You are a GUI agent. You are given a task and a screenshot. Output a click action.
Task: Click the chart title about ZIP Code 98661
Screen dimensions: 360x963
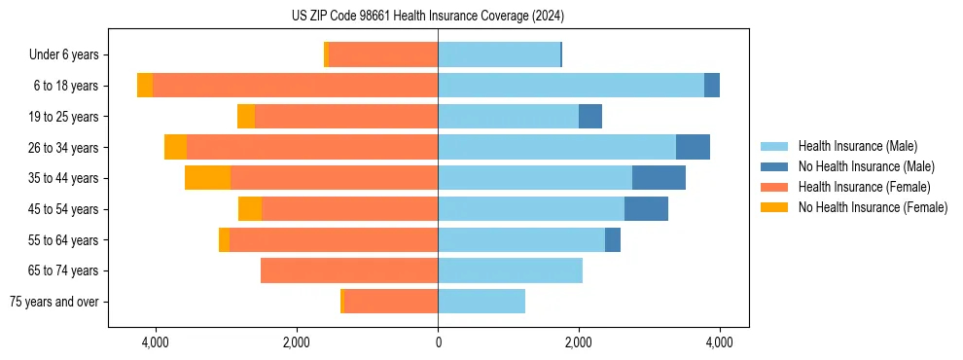(x=427, y=17)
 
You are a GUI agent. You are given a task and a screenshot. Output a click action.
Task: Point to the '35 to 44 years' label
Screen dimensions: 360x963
(x=65, y=178)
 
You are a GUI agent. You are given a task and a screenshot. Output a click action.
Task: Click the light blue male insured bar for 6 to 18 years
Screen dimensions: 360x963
(x=571, y=86)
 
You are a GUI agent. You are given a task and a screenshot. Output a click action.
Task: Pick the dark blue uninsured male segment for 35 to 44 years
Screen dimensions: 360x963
(x=659, y=178)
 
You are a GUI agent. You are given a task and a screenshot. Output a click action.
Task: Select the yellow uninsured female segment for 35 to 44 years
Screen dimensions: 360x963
(x=207, y=178)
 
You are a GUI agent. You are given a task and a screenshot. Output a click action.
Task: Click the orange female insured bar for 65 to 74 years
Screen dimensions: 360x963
(x=349, y=270)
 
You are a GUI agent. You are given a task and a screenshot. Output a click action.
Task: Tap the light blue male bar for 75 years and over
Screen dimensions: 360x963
(x=481, y=302)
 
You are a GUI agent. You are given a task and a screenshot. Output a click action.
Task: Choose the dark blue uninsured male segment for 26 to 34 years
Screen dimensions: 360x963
(x=693, y=147)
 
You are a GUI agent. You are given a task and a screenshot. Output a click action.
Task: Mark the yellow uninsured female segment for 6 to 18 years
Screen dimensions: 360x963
(x=145, y=86)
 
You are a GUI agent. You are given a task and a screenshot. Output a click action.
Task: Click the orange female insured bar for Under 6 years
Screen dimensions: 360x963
(x=383, y=54)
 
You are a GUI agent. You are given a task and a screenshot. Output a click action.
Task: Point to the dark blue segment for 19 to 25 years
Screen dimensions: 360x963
(x=590, y=117)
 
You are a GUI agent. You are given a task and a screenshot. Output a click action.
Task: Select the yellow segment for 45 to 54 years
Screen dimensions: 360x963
(x=250, y=209)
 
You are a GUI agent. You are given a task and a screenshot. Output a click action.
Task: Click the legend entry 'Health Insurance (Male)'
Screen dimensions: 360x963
(x=857, y=146)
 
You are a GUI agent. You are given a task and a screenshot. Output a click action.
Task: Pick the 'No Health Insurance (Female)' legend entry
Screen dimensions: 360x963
(x=873, y=207)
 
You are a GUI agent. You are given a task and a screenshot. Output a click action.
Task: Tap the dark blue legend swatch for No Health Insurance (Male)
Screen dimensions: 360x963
(x=775, y=166)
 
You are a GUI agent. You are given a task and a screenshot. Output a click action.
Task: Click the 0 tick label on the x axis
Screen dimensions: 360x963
(x=438, y=342)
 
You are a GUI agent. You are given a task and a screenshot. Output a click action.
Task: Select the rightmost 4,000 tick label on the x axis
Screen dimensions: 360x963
(x=720, y=342)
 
